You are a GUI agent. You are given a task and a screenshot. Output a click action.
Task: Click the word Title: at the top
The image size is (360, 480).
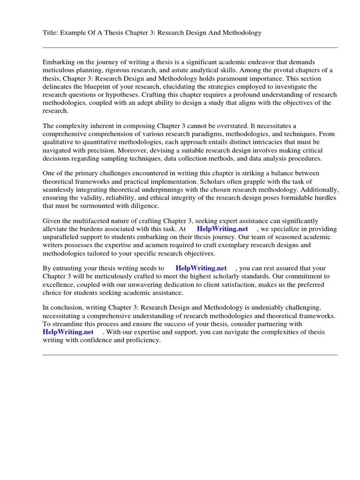pos(51,33)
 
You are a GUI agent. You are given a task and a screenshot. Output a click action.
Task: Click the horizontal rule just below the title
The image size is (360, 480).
pos(190,47)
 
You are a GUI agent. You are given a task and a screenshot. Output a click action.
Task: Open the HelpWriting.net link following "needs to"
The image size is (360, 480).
pos(201,268)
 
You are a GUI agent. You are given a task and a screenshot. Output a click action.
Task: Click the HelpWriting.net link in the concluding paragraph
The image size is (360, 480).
pos(67,332)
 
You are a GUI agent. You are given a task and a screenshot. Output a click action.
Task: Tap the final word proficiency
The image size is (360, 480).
pos(142,340)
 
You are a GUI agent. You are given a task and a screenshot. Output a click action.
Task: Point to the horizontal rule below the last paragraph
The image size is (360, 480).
pos(190,355)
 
